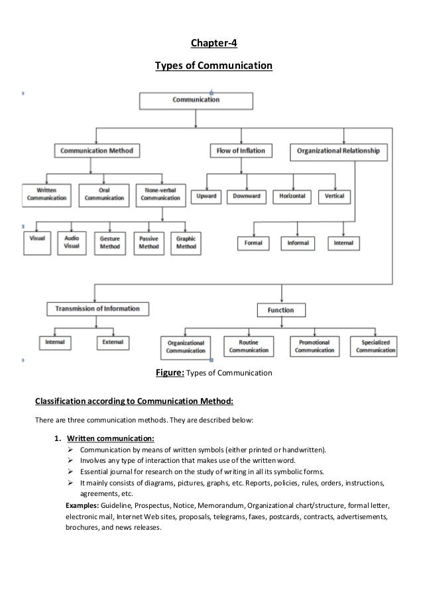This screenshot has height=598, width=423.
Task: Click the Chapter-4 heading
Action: pyautogui.click(x=212, y=44)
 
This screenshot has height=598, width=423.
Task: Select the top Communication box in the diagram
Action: pyautogui.click(x=196, y=100)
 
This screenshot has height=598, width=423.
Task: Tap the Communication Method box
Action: pyautogui.click(x=97, y=151)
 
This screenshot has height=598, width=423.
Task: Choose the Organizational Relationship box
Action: pyautogui.click(x=338, y=151)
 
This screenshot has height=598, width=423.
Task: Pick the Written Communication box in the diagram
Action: pyautogui.click(x=46, y=193)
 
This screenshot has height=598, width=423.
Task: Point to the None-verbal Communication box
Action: pyautogui.click(x=158, y=193)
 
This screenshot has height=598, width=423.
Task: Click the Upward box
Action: pyautogui.click(x=206, y=197)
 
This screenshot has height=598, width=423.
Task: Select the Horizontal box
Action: pyautogui.click(x=292, y=197)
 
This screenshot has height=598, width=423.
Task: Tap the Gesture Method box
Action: pyautogui.click(x=109, y=242)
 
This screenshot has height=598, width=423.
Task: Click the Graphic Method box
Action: pyautogui.click(x=186, y=242)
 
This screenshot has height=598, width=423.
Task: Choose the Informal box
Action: pyautogui.click(x=298, y=243)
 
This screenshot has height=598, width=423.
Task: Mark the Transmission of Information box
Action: pyautogui.click(x=97, y=308)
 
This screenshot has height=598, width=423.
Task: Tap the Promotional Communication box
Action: pyautogui.click(x=314, y=346)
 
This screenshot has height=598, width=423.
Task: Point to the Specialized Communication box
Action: pyautogui.click(x=376, y=346)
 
